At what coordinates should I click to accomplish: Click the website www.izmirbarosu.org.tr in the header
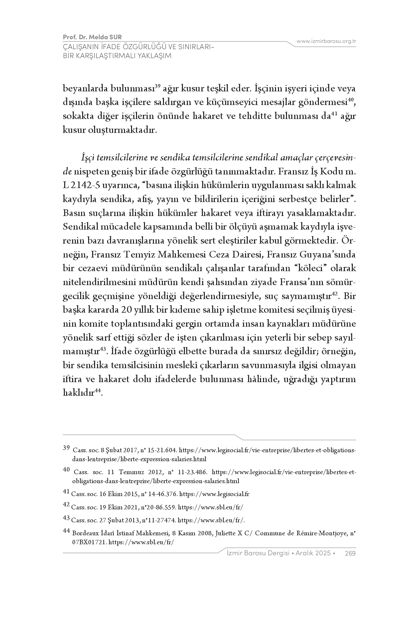[x=326, y=41]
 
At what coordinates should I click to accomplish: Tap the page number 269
[x=350, y=553]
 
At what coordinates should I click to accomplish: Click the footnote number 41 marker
[x=66, y=493]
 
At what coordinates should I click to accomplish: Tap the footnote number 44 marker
[x=66, y=531]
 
